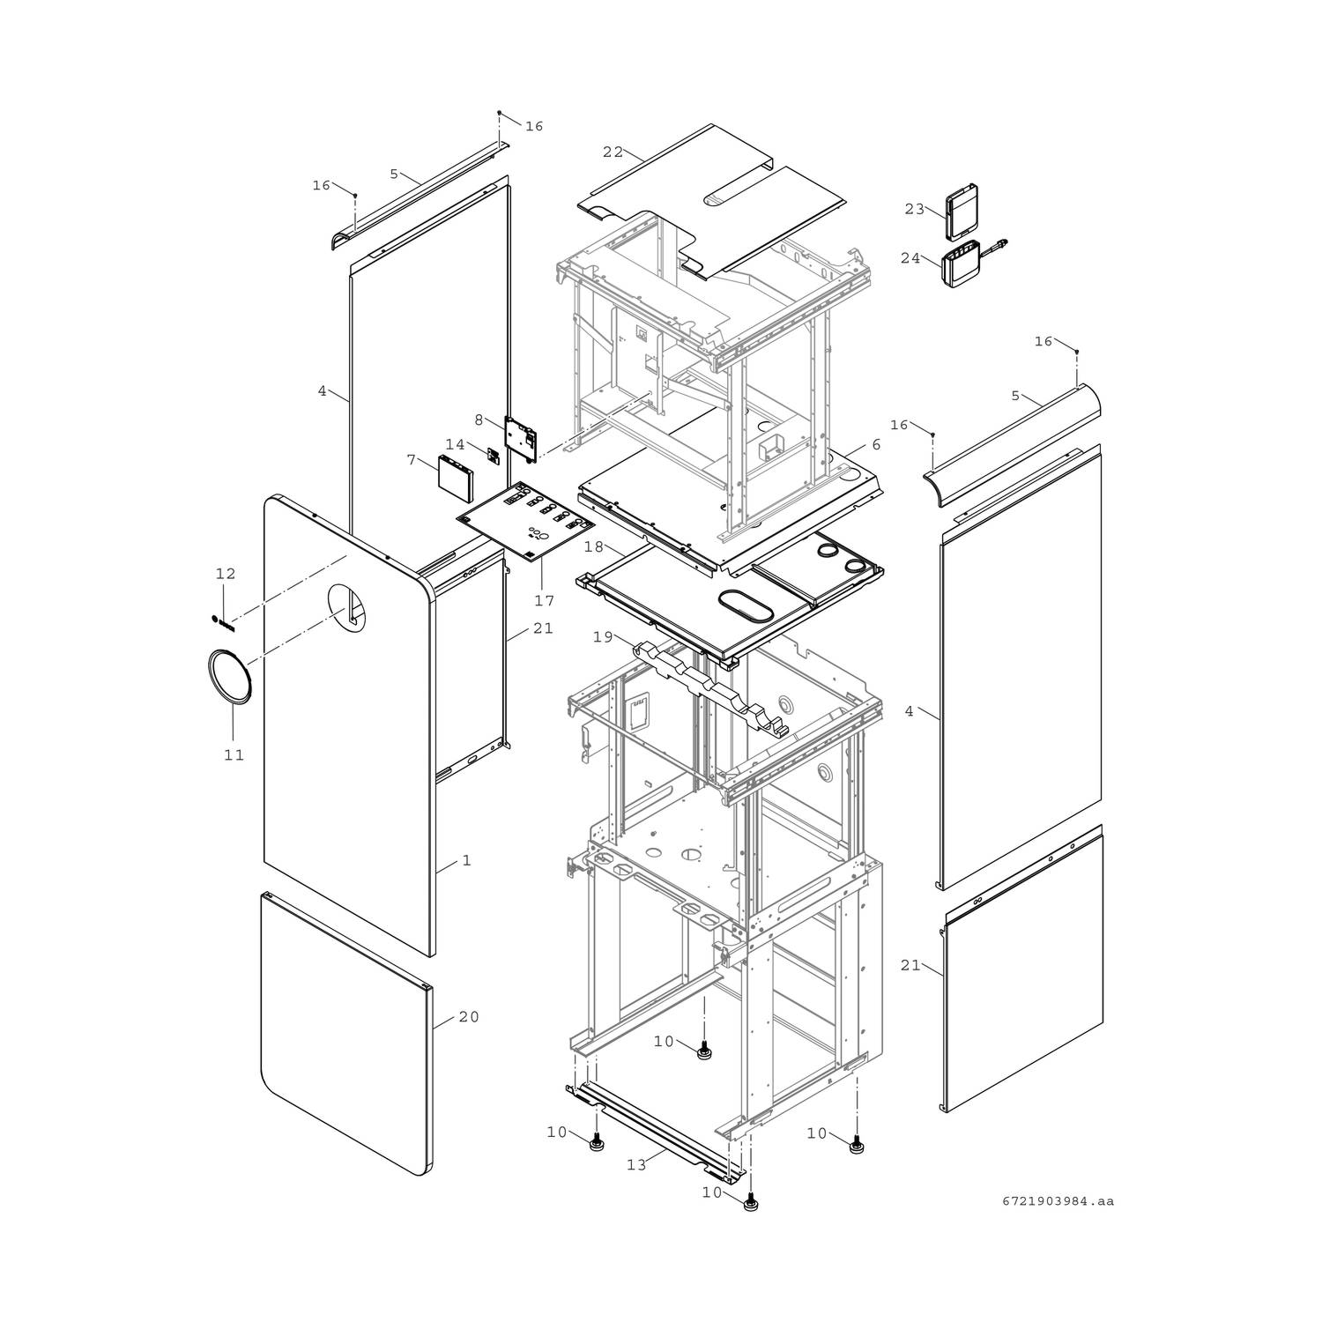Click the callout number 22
(x=613, y=152)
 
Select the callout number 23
(x=914, y=209)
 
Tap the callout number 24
(x=910, y=258)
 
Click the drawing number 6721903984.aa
(x=1058, y=1200)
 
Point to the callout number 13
(x=636, y=1164)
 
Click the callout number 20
(x=469, y=1017)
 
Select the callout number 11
(x=234, y=754)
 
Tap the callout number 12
(x=226, y=574)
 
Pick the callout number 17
(x=544, y=600)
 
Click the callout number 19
(x=603, y=636)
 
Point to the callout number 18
(x=594, y=547)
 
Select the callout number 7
(x=411, y=459)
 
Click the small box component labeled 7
(x=456, y=477)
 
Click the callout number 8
(x=479, y=420)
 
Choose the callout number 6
(x=876, y=445)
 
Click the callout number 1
(x=467, y=860)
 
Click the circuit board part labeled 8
(x=521, y=438)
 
